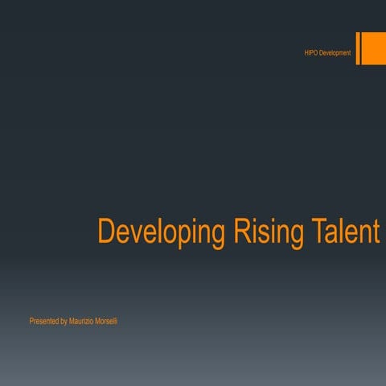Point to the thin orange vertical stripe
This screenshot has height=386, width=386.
click(358, 48)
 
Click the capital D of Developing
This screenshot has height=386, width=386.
click(105, 231)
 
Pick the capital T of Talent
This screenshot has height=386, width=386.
click(318, 231)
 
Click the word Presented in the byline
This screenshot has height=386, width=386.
click(43, 322)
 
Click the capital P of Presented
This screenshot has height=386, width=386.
click(31, 322)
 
